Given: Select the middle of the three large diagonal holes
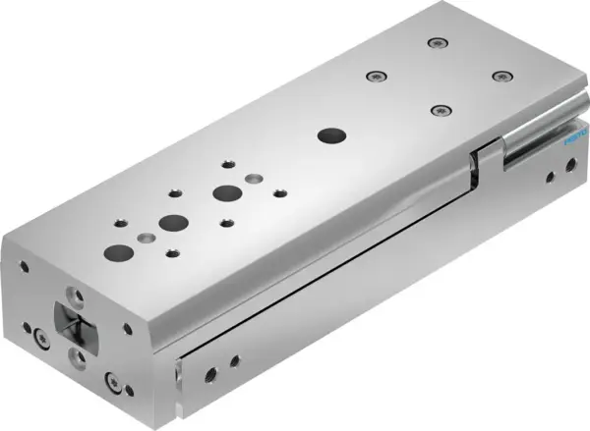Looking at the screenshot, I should coord(175,221).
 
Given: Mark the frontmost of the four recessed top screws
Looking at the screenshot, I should coord(439,108).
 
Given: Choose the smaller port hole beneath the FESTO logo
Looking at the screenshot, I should coord(564,169).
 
